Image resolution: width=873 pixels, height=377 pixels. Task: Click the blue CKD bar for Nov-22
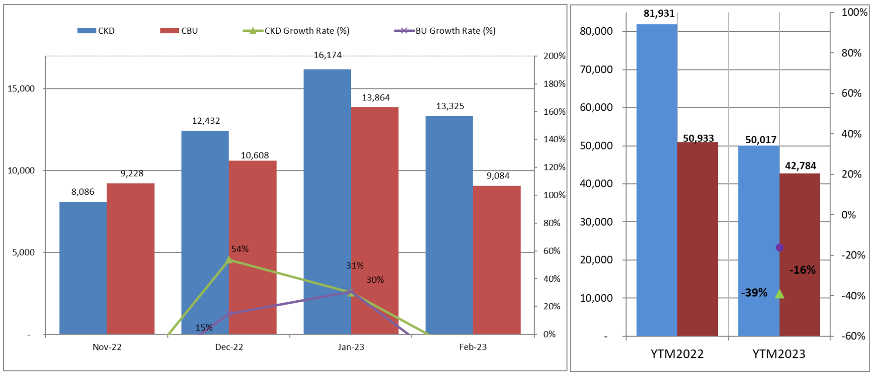pos(83,268)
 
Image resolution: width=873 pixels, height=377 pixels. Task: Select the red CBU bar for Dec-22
pos(252,248)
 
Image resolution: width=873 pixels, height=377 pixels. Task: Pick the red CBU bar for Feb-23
pos(496,260)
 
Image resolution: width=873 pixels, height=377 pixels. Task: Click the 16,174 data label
pos(327,55)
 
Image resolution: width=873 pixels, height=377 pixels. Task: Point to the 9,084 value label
pos(498,176)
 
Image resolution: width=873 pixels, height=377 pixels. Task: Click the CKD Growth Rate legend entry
pos(296,31)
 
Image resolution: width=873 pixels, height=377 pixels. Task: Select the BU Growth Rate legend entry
pos(445,31)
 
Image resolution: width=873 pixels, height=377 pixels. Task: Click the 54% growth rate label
pos(240,249)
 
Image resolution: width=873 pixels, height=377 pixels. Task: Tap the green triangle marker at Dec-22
pos(229,259)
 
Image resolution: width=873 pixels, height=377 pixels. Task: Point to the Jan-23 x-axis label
pos(351,347)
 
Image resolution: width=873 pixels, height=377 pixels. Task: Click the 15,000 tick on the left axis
pos(21,89)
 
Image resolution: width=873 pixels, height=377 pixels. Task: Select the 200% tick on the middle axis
pos(555,56)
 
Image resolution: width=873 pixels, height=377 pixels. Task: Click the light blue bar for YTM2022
pos(656,181)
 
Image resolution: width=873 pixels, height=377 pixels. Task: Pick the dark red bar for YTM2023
pos(800,255)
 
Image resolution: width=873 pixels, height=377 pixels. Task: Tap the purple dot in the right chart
pos(779,248)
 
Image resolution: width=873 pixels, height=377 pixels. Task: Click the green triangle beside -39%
pos(779,294)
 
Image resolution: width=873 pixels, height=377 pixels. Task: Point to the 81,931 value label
pos(659,14)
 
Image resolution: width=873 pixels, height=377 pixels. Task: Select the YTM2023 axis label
pos(779,354)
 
